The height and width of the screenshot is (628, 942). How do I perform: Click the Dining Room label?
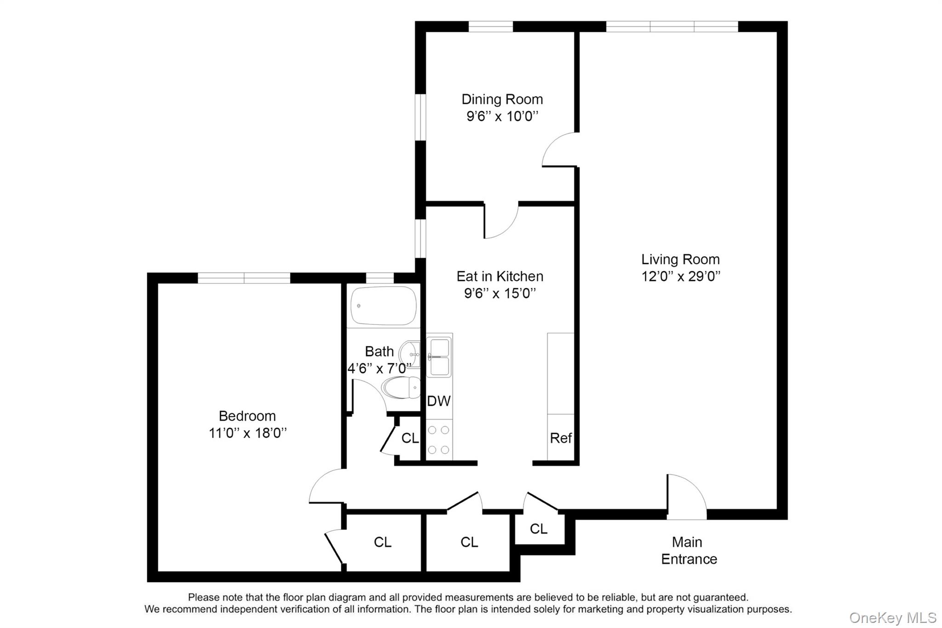[x=502, y=99]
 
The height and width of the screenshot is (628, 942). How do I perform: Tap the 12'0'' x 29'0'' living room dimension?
[x=680, y=277]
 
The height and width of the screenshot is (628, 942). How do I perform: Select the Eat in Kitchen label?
[x=500, y=276]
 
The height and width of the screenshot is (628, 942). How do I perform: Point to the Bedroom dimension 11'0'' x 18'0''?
[x=247, y=433]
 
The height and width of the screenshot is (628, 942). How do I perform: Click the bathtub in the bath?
[x=383, y=306]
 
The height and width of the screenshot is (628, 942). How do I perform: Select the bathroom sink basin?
[x=410, y=354]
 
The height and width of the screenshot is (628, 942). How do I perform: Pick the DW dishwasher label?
[x=438, y=401]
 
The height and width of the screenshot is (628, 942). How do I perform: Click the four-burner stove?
[x=439, y=440]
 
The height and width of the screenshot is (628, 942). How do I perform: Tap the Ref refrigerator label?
[x=561, y=438]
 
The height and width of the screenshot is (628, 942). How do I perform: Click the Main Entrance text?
[x=688, y=550]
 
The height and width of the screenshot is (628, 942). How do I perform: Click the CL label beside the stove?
[x=410, y=438]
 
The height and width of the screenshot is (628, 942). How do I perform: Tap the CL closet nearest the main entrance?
[x=538, y=529]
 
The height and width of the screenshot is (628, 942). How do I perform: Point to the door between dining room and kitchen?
[x=500, y=222]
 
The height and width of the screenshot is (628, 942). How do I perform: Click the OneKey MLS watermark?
[x=892, y=617]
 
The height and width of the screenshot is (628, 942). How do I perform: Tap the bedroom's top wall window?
[x=244, y=278]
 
